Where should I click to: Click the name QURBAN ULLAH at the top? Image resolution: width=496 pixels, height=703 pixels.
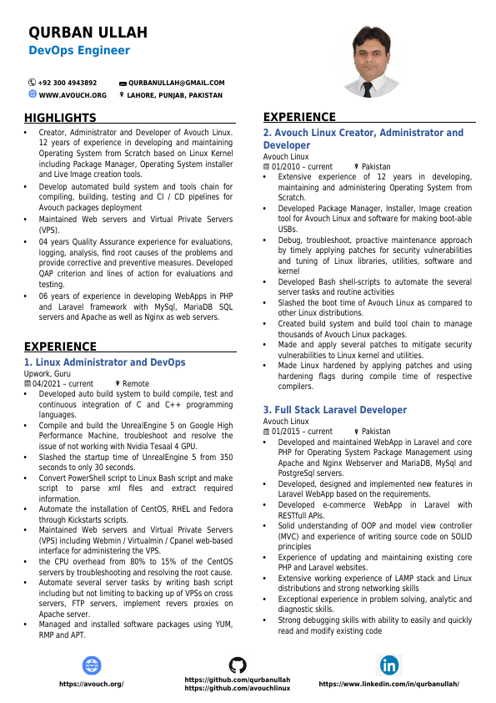88,33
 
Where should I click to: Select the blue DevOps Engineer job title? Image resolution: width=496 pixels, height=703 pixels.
79,51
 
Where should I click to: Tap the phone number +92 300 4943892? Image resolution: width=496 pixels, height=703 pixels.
68,83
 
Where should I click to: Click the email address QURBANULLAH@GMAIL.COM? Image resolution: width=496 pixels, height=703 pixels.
177,83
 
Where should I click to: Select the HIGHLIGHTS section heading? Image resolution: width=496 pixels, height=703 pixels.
60,118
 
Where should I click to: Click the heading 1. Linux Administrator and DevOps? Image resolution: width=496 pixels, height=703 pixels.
104,362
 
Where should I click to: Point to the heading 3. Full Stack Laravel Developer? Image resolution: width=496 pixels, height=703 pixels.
335,410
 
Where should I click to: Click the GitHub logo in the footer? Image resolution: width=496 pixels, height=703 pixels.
238,665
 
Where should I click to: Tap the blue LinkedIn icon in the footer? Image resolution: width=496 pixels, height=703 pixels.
389,665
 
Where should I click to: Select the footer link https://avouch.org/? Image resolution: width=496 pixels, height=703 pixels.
91,684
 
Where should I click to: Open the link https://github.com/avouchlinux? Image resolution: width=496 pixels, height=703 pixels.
238,688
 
